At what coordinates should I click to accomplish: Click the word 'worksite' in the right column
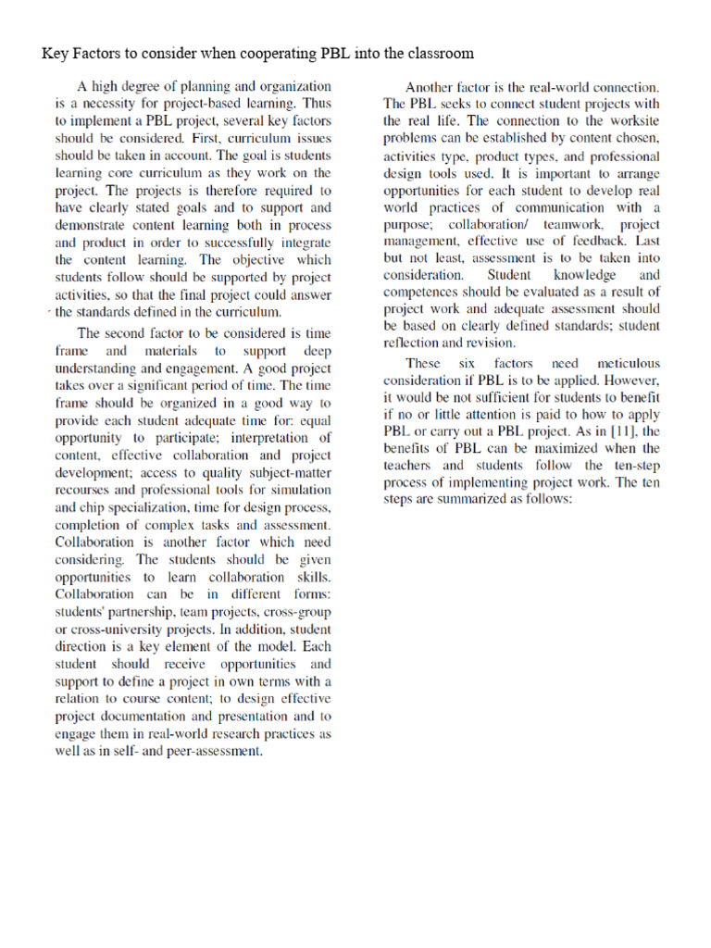[x=630, y=120]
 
